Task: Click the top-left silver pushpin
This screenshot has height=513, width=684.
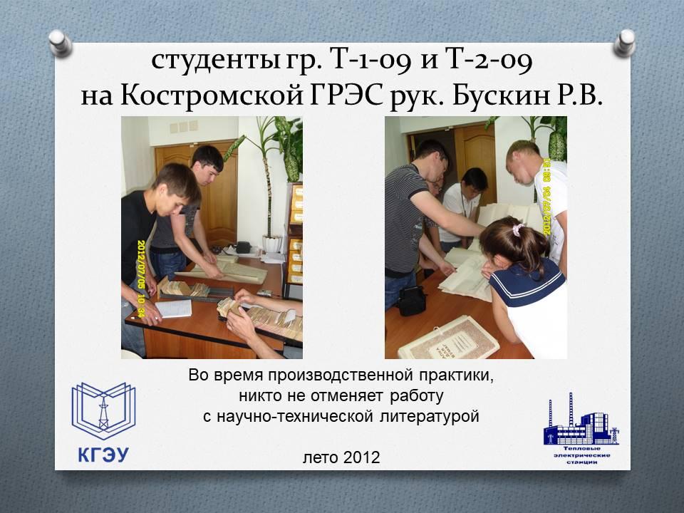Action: [61, 43]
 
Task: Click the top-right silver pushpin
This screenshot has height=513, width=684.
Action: [625, 43]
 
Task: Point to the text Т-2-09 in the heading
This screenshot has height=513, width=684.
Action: [489, 60]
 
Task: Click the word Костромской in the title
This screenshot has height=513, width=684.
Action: [212, 95]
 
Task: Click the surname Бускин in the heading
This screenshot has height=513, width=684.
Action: [500, 95]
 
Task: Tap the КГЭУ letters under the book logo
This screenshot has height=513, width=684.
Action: [103, 455]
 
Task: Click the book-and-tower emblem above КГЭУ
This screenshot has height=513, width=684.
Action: [103, 410]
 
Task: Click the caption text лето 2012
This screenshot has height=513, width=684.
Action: [341, 457]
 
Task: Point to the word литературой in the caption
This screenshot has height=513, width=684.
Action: [429, 416]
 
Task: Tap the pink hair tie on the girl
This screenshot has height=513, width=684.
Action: [518, 229]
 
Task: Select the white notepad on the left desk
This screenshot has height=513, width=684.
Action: [175, 309]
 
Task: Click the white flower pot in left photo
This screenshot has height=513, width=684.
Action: [273, 244]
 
